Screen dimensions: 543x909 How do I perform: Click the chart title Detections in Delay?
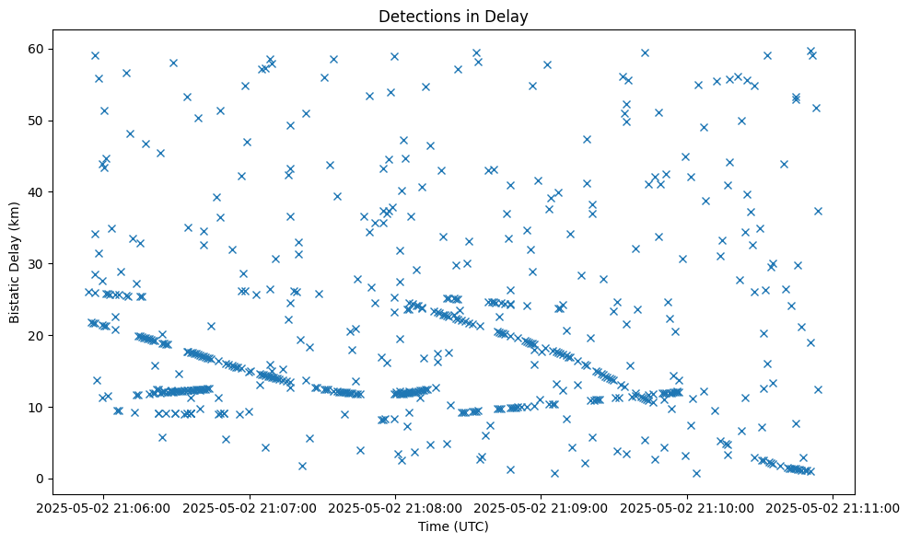pyautogui.click(x=453, y=16)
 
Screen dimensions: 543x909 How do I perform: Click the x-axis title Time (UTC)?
pyautogui.click(x=453, y=526)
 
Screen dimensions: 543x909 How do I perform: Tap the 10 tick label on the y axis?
pyautogui.click(x=38, y=407)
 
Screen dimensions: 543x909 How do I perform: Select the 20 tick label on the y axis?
pyautogui.click(x=38, y=335)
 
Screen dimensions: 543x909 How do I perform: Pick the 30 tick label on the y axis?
pyautogui.click(x=38, y=263)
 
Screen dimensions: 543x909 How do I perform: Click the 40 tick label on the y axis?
pyautogui.click(x=38, y=191)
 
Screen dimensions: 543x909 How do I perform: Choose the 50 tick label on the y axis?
pyautogui.click(x=38, y=121)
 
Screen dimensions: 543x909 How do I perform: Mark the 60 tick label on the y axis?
pyautogui.click(x=38, y=49)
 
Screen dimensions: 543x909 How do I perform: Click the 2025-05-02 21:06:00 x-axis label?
pyautogui.click(x=103, y=506)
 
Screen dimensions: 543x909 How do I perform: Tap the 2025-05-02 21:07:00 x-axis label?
pyautogui.click(x=250, y=506)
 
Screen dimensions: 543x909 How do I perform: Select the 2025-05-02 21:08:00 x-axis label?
pyautogui.click(x=396, y=506)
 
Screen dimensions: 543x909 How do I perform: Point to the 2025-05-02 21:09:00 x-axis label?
pyautogui.click(x=542, y=506)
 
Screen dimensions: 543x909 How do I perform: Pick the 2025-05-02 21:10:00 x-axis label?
pyautogui.click(x=687, y=506)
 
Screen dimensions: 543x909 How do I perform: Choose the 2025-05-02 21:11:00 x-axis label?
pyautogui.click(x=833, y=506)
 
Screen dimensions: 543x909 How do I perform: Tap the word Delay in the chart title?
pyautogui.click(x=509, y=16)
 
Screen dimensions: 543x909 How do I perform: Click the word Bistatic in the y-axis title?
pyautogui.click(x=15, y=293)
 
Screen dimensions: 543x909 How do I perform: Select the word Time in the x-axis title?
pyautogui.click(x=433, y=526)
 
